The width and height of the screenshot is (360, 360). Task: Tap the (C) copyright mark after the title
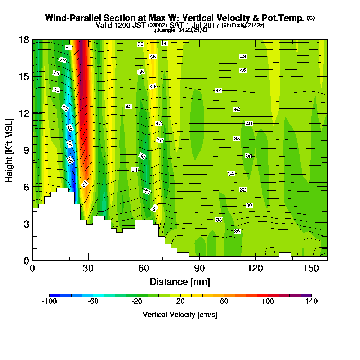tap(311, 18)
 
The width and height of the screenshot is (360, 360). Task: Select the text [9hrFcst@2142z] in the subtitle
tap(243, 26)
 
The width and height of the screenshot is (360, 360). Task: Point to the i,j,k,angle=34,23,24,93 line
tap(180, 30)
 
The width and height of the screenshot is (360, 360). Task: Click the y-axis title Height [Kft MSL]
tap(9, 150)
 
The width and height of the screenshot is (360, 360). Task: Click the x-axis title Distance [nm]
tap(180, 282)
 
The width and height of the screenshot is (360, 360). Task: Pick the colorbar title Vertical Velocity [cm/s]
tap(180, 315)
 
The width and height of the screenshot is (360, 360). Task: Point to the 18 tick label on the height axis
tap(24, 40)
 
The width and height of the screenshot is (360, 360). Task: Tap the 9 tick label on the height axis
tap(26, 150)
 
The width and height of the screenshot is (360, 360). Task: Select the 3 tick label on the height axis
tap(26, 224)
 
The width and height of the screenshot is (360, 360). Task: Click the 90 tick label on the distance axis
tap(199, 268)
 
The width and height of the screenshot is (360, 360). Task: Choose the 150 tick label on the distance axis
tap(311, 268)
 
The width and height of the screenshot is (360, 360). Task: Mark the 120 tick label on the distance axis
tap(255, 268)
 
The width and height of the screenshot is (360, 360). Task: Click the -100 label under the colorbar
tap(49, 301)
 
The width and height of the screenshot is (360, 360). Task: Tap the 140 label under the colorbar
tap(311, 301)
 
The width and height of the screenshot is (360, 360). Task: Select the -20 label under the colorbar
tap(137, 301)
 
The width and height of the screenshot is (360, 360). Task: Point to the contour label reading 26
tap(237, 231)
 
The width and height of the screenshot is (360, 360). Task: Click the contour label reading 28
tap(219, 220)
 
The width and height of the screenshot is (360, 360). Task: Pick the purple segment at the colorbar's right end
tap(306, 295)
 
